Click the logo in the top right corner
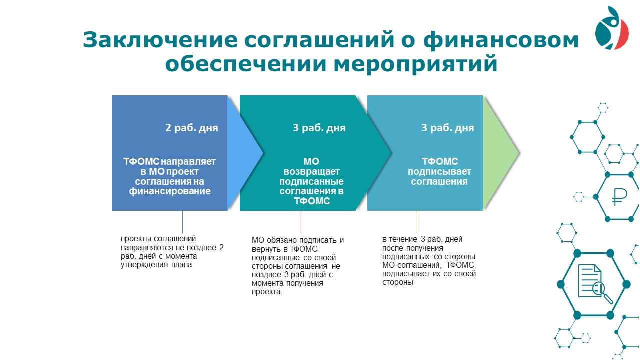click(612, 28)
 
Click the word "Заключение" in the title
click(160, 39)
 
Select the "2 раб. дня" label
click(191, 128)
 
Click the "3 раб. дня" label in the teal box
click(319, 128)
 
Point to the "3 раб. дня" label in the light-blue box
click(447, 128)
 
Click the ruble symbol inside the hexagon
click(619, 197)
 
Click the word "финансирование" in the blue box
click(169, 191)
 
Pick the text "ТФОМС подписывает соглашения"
click(439, 171)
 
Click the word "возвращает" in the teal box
click(311, 172)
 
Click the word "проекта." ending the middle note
click(267, 292)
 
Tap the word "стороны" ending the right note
click(398, 282)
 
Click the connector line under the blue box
click(182, 222)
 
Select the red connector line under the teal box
click(300, 222)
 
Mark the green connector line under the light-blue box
click(416, 222)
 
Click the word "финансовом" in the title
click(501, 39)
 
